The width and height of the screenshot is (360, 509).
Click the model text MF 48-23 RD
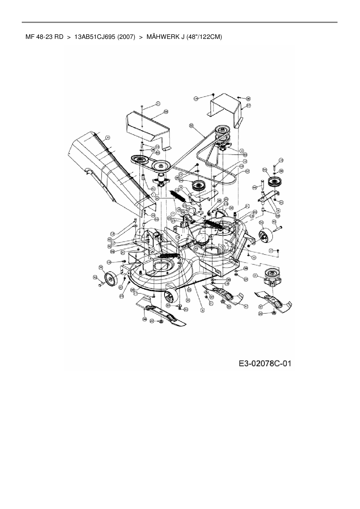(44, 37)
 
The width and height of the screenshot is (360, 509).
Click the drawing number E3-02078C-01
(265, 363)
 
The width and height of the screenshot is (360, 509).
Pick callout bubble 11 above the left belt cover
(158, 103)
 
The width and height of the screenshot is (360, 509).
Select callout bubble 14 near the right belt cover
(196, 99)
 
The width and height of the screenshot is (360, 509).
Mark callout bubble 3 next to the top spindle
(242, 151)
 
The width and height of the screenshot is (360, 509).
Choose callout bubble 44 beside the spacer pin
(255, 187)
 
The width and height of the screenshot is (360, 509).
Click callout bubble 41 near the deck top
(247, 206)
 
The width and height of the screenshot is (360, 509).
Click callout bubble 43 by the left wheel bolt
(95, 277)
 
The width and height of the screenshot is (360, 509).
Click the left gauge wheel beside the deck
(110, 279)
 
